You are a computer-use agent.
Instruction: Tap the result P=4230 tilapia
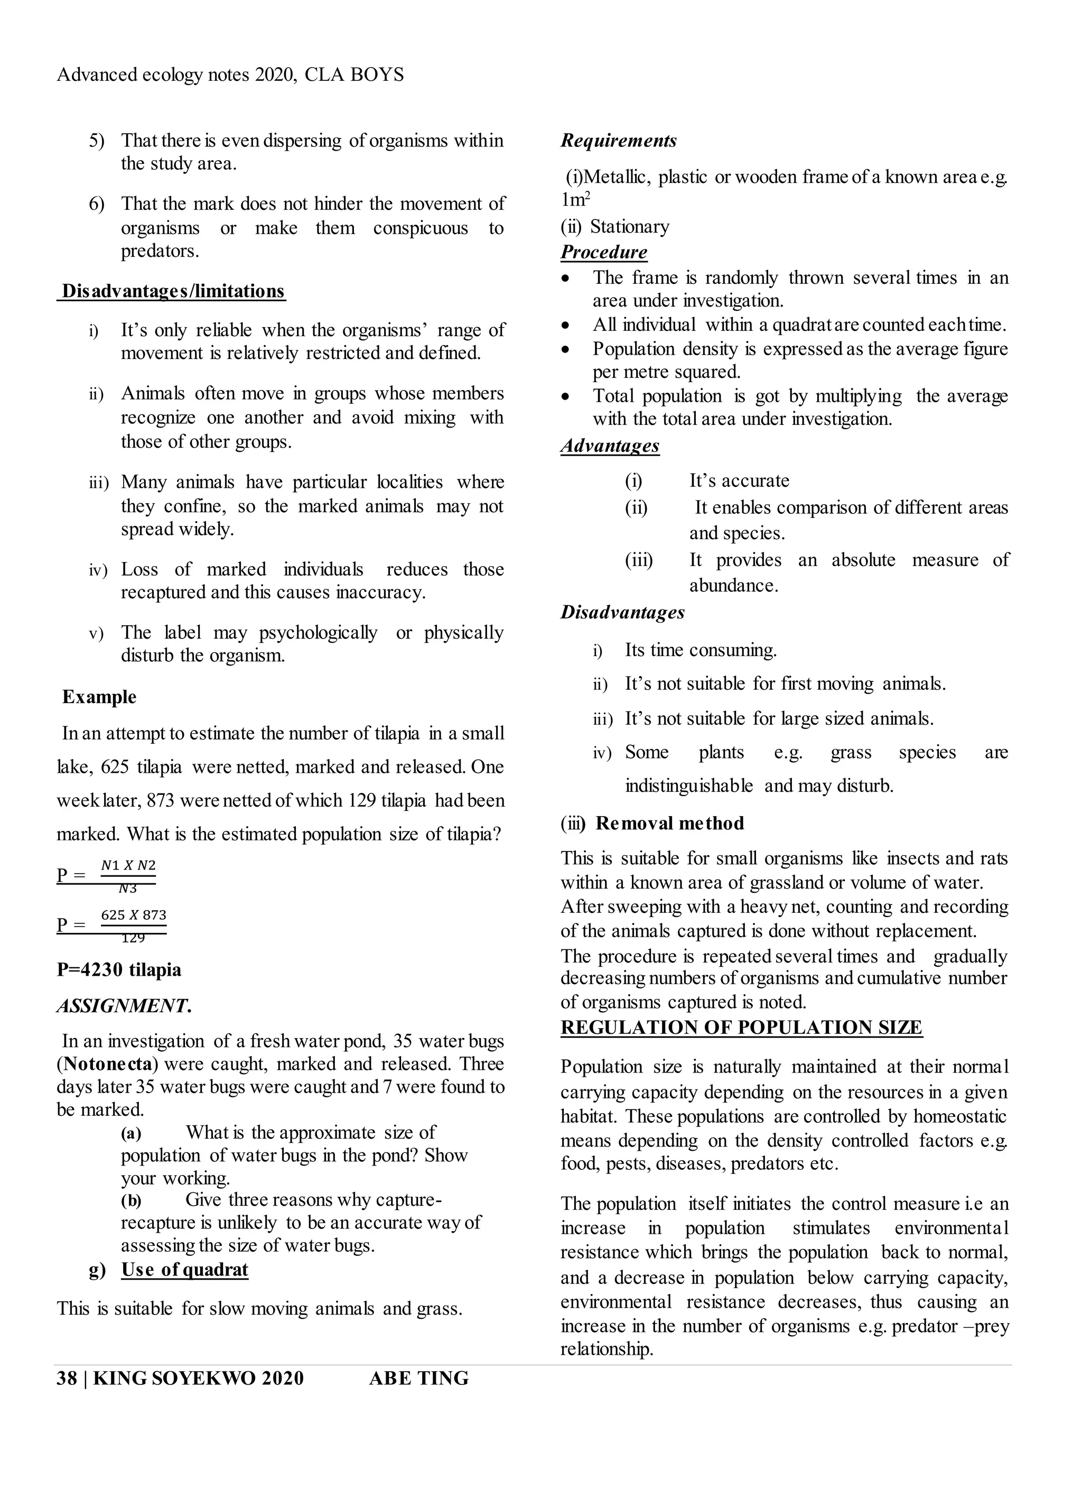[x=119, y=970]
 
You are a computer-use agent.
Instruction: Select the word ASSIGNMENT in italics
[x=123, y=1006]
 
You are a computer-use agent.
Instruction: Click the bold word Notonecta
[x=108, y=1065]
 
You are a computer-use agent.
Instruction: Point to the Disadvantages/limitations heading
[x=173, y=291]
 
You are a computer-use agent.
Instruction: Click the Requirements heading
[x=618, y=141]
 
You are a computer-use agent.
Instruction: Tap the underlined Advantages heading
[x=610, y=445]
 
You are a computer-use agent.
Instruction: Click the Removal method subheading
[x=669, y=823]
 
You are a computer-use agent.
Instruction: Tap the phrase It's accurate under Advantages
[x=739, y=480]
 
